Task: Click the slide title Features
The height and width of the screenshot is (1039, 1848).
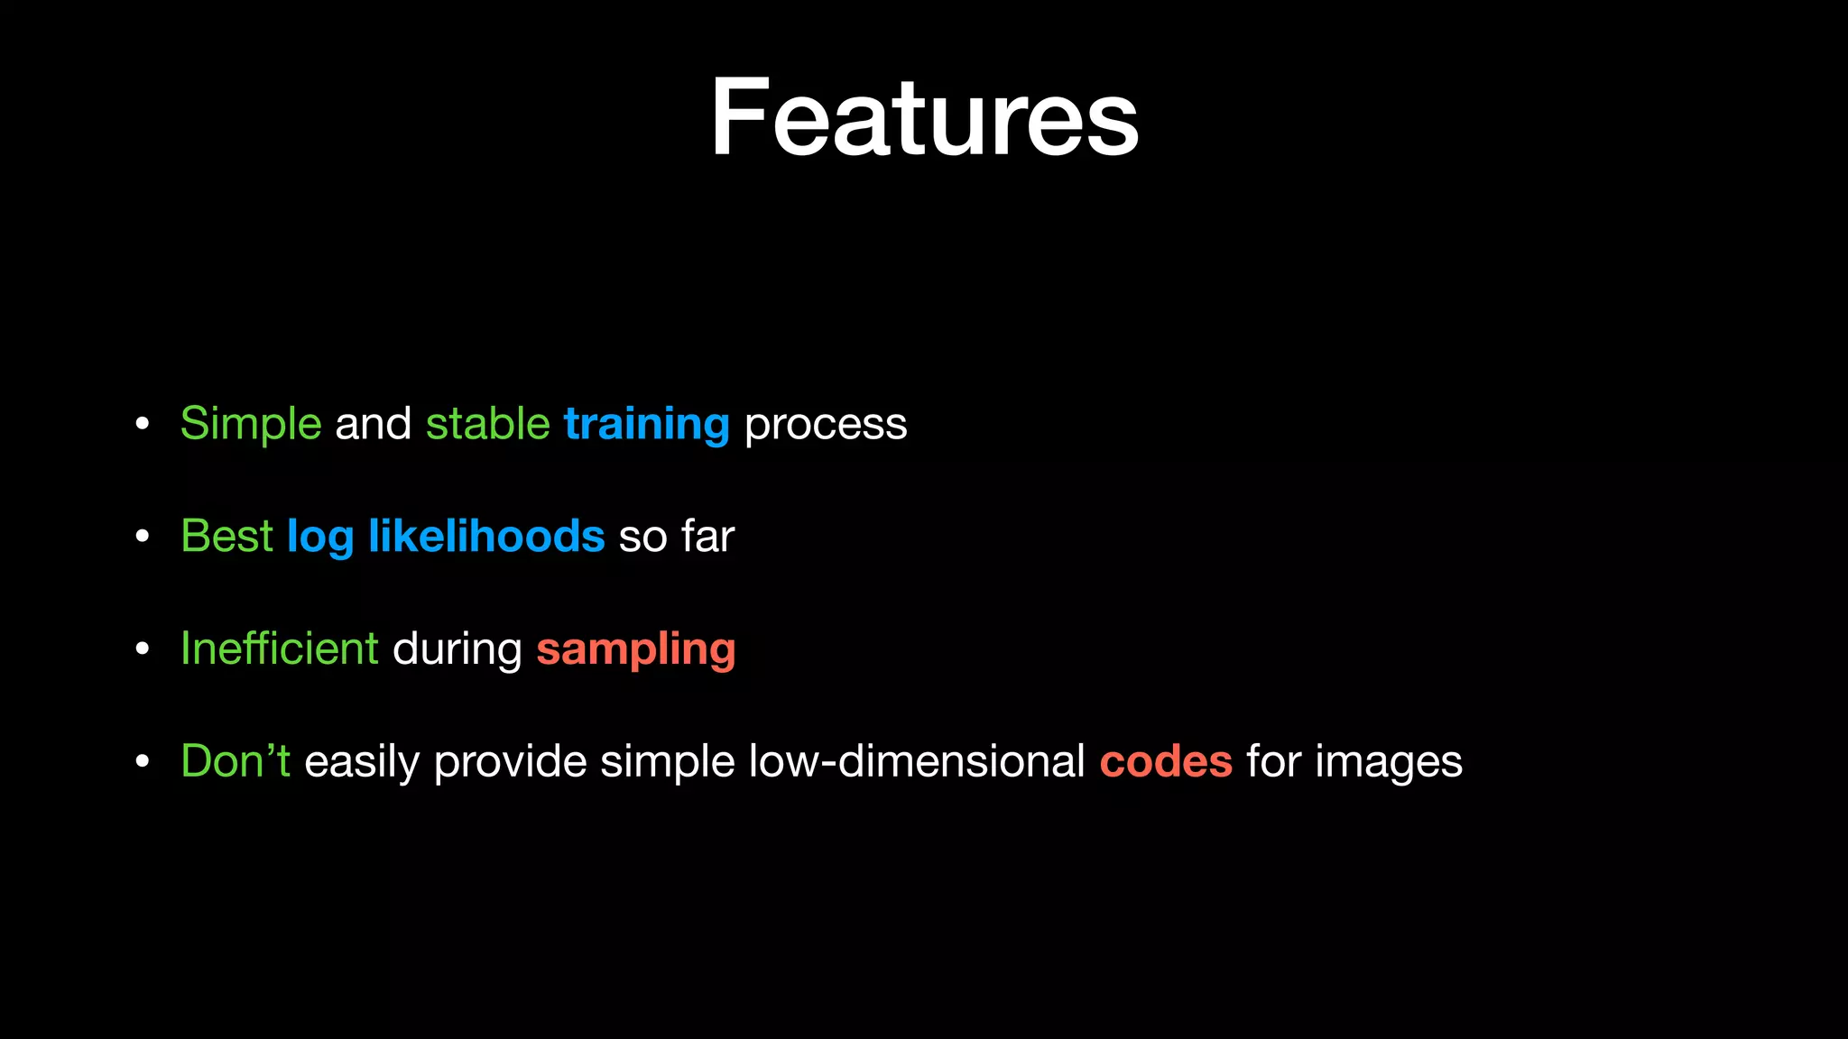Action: click(x=924, y=118)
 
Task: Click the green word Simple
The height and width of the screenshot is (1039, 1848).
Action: click(x=251, y=424)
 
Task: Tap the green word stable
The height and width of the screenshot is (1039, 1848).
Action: click(x=487, y=424)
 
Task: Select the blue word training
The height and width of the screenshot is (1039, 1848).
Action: click(x=646, y=424)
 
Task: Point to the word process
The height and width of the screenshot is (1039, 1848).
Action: click(x=826, y=424)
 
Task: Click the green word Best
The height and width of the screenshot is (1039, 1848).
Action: click(x=226, y=536)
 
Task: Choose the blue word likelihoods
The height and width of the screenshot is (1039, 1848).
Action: click(x=486, y=536)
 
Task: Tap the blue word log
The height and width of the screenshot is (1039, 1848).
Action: click(x=319, y=538)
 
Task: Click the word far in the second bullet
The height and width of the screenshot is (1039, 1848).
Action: click(x=708, y=536)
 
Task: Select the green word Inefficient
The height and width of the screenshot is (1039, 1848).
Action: click(x=280, y=648)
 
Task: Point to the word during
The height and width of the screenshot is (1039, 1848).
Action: click(x=457, y=648)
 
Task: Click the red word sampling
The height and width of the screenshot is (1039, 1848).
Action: click(x=636, y=650)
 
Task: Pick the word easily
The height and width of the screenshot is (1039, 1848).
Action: click(x=362, y=762)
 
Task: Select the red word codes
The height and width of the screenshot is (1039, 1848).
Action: click(x=1166, y=762)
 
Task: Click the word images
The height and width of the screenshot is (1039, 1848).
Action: click(x=1389, y=762)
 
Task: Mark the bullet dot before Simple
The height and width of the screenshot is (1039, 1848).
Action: click(x=142, y=425)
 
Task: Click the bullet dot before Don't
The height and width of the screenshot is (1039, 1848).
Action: click(x=142, y=762)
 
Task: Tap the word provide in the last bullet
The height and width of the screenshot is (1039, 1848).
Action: click(x=510, y=762)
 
